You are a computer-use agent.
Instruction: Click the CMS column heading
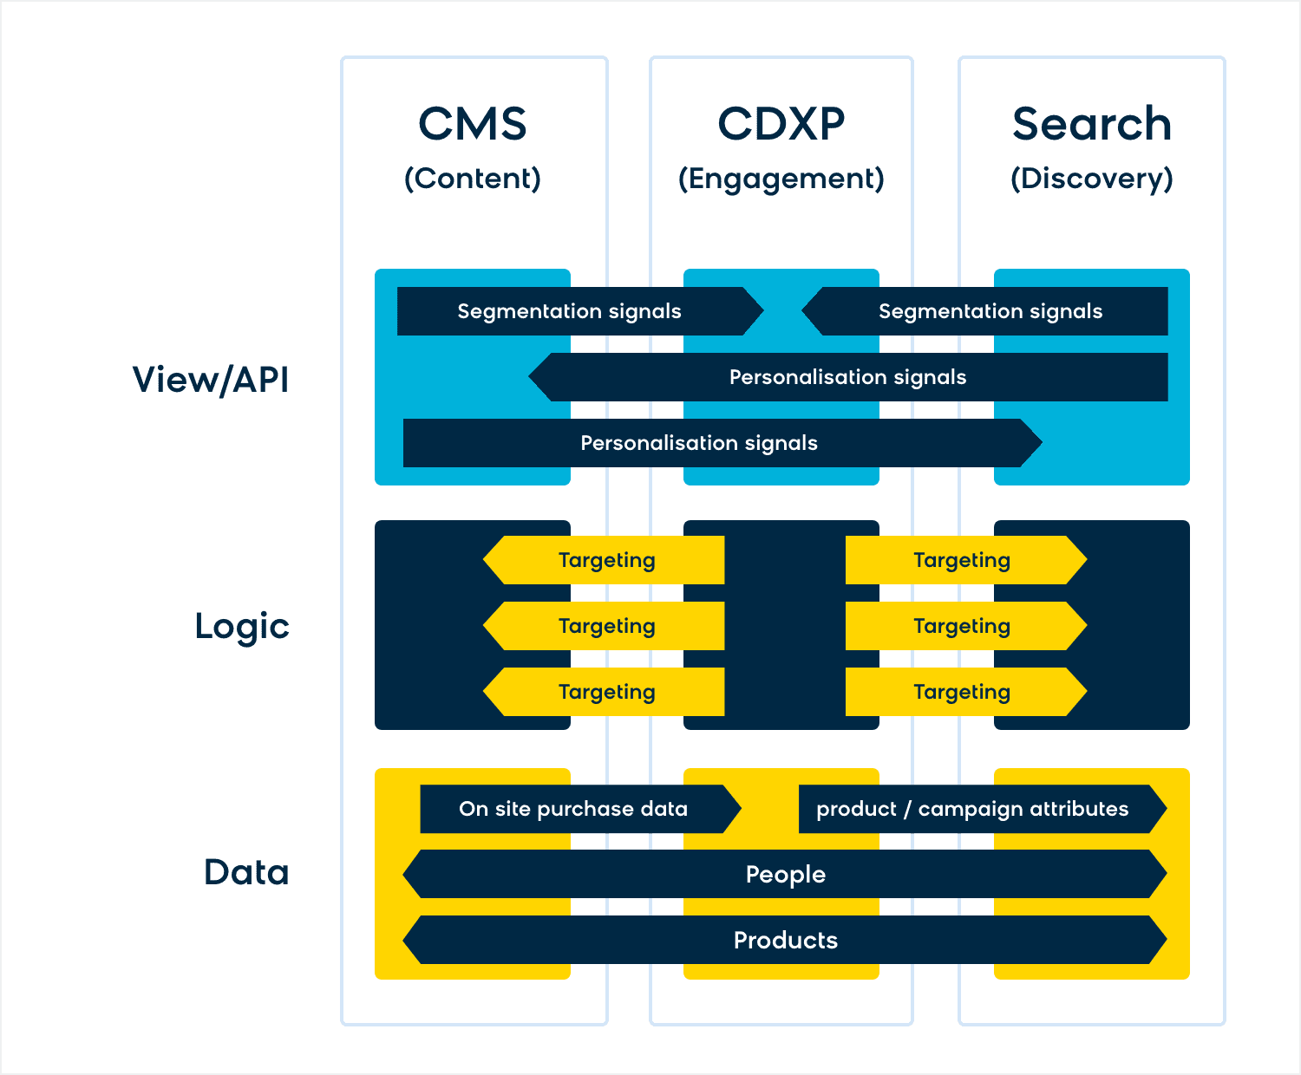473,123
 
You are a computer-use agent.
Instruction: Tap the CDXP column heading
781,123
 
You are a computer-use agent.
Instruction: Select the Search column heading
1092,123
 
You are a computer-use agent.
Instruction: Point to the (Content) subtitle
473,179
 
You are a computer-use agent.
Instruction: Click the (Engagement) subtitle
781,179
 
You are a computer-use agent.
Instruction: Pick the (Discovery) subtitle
1092,179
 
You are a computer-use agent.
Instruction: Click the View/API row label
211,380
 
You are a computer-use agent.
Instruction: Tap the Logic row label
242,627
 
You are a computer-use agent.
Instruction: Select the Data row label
246,872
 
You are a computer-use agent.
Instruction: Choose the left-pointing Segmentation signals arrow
984,310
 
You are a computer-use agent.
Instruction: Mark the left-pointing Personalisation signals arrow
848,377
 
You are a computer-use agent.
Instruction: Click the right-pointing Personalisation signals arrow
722,443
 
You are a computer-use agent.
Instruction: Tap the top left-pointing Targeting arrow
604,560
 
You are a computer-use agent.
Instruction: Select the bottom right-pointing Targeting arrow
966,692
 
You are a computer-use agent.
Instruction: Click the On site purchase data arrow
581,809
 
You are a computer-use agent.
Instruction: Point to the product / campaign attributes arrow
983,809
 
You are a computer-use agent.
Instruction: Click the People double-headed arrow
785,874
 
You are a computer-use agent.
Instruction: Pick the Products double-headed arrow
785,940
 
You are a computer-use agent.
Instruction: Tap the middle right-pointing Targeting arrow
966,626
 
